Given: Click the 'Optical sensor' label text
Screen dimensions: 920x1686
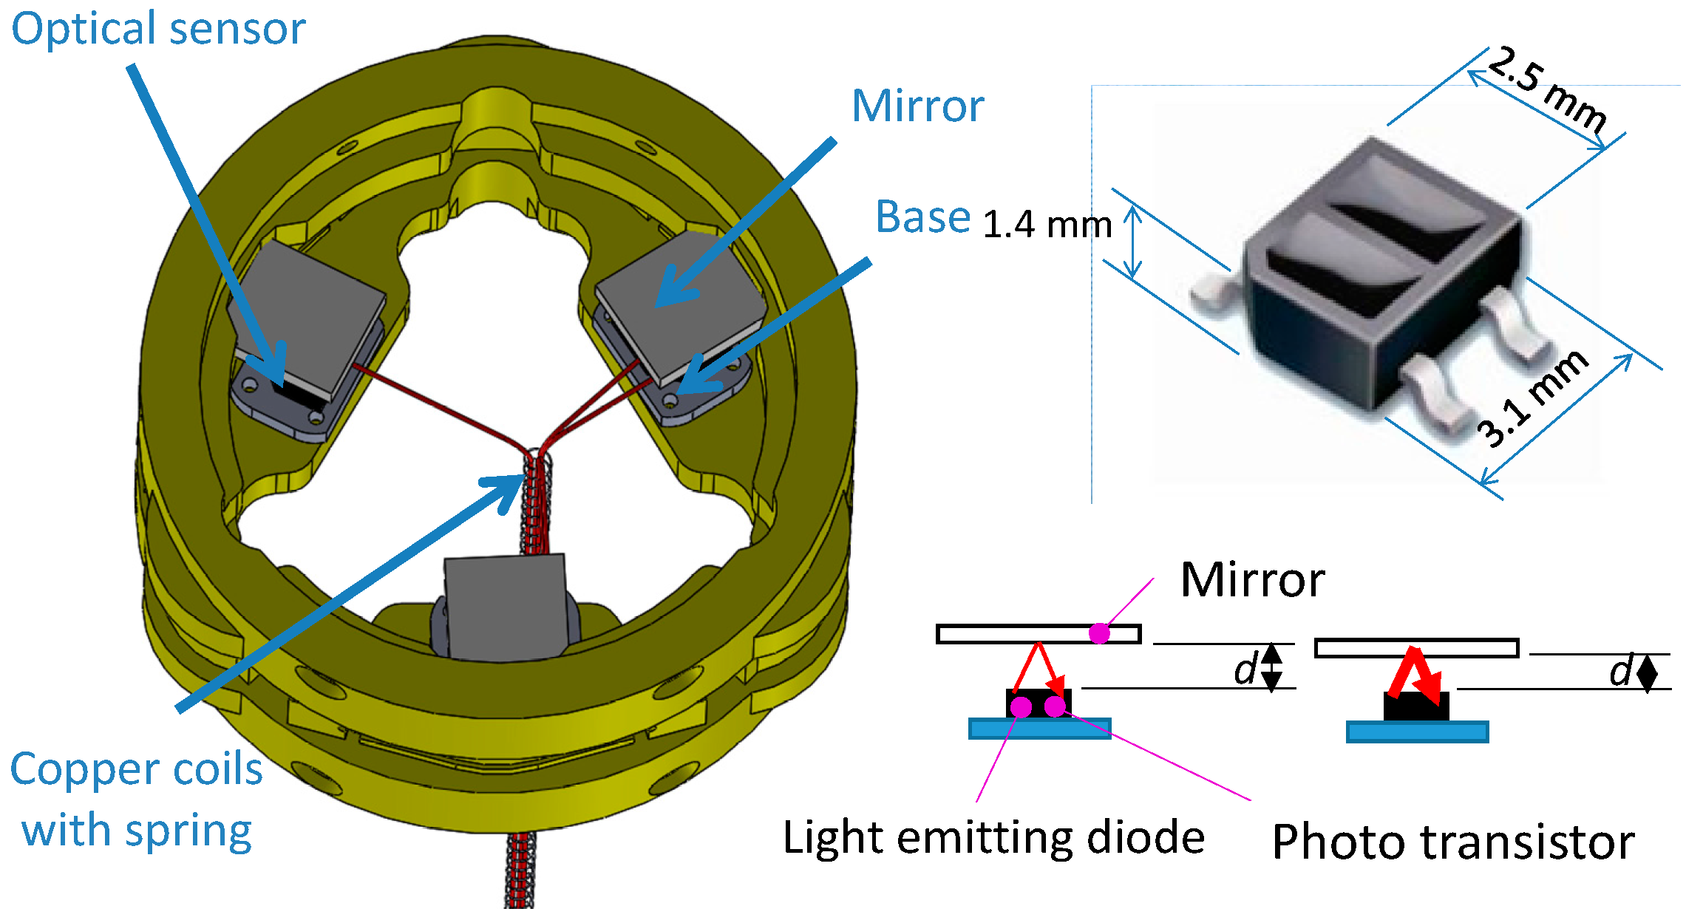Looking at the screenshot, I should (158, 30).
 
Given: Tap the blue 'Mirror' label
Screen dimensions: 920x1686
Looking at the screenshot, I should (918, 106).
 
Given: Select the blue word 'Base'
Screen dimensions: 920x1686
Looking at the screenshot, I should (922, 217).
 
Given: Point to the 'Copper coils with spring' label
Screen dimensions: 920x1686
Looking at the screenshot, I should (137, 800).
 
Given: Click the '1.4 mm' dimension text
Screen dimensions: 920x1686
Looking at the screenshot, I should (1047, 225).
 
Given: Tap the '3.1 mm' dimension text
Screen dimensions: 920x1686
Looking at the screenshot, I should (1533, 399).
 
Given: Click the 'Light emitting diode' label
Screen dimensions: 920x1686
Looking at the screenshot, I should (993, 838).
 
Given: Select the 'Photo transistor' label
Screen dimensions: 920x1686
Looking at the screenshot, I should (1452, 842).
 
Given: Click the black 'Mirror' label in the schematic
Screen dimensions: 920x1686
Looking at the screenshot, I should (1252, 580).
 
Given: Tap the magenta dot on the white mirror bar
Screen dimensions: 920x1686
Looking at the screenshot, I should (1099, 633).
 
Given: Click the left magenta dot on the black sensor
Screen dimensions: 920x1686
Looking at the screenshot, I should (1021, 706).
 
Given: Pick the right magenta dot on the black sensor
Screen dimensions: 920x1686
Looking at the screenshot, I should (1056, 706).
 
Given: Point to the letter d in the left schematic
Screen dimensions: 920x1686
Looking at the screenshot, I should (1245, 669).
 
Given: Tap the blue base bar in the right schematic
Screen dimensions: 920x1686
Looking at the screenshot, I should (1417, 732).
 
